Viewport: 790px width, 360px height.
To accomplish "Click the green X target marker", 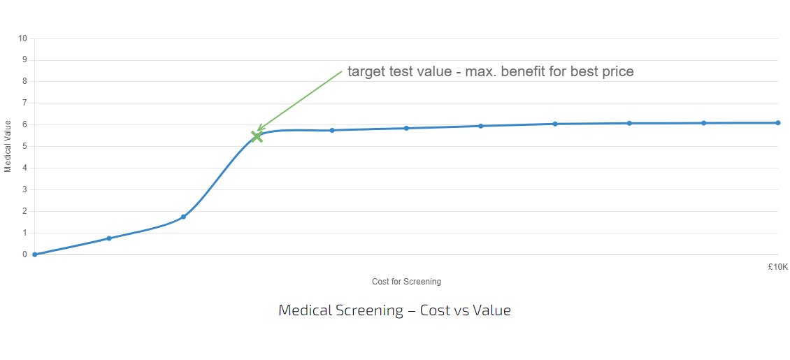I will coord(257,136).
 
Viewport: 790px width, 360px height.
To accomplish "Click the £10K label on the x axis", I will coord(777,266).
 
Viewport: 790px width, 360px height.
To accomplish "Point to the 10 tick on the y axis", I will coord(22,38).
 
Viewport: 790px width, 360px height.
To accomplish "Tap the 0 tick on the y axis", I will coord(24,254).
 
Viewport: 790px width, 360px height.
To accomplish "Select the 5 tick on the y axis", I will coord(24,146).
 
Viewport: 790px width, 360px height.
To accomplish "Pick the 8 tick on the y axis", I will coord(24,81).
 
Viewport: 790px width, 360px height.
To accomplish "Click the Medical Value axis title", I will coord(8,146).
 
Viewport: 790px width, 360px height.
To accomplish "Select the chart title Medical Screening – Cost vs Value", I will coord(394,310).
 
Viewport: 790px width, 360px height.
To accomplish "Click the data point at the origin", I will coord(34,254).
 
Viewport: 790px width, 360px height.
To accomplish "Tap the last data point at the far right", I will coord(777,123).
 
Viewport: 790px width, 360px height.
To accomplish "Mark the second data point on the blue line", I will coord(109,238).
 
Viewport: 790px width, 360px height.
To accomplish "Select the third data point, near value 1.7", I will coord(183,217).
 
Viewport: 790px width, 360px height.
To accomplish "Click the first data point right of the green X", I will coord(332,130).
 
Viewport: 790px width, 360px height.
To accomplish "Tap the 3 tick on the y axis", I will coord(24,189).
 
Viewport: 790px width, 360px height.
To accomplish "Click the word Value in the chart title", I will coord(494,310).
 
